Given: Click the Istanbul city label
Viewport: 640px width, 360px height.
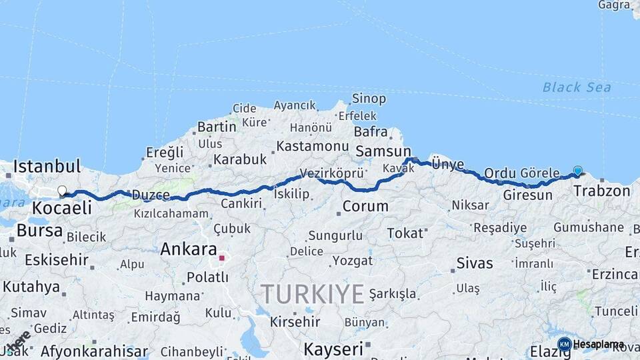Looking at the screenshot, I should [47, 166].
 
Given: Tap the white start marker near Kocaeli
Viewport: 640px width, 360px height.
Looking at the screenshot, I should [62, 191].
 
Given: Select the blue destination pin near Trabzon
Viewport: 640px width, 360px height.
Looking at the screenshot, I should [577, 171].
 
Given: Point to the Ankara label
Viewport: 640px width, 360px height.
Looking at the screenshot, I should [189, 249].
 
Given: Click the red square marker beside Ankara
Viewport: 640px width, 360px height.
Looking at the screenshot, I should [222, 257].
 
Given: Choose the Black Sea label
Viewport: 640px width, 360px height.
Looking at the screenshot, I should [567, 87].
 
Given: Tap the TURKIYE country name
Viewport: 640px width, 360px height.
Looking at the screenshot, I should [312, 293].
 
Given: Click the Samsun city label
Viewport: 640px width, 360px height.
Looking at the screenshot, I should [383, 152].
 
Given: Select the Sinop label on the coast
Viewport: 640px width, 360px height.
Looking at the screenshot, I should [369, 99].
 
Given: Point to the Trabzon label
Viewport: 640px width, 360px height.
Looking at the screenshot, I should [601, 191].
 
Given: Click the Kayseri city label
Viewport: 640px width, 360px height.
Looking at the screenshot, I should [333, 348].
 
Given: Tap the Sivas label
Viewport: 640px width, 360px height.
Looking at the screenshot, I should [475, 263].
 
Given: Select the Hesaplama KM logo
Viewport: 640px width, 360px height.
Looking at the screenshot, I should [591, 344].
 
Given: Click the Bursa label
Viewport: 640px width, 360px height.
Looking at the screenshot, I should [39, 231].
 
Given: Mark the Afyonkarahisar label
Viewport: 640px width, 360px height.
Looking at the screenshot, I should [94, 351].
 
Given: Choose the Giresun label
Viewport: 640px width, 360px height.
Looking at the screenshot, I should [528, 195].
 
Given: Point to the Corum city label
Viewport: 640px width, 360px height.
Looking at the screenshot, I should [365, 206].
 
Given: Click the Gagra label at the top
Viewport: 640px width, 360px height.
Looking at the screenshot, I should [613, 5].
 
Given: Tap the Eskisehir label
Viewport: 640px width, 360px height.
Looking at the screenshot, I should [56, 260].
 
